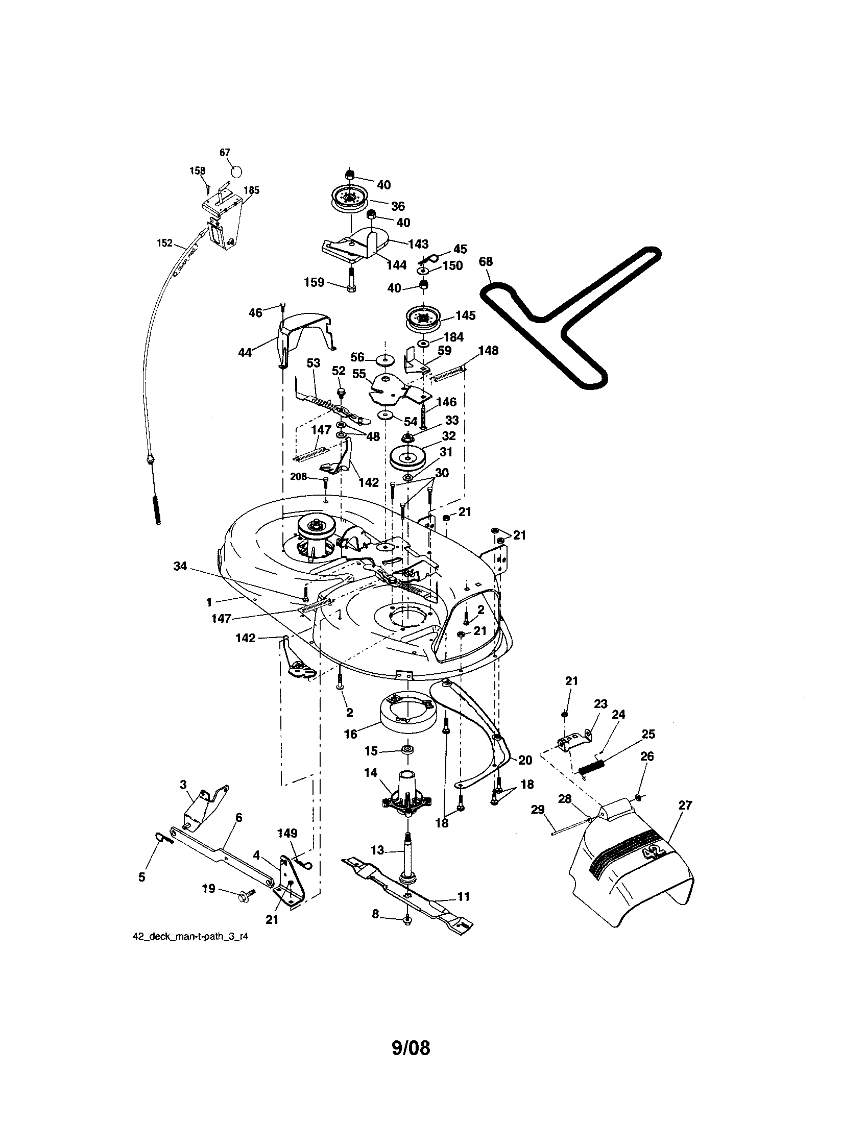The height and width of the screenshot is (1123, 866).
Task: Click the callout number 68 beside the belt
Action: point(486,262)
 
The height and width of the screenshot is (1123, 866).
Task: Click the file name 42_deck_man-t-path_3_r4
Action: point(194,936)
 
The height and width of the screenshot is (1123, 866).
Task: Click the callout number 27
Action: point(685,805)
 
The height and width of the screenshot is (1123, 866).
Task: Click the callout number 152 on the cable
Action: point(164,243)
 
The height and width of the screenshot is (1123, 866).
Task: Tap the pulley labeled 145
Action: point(423,320)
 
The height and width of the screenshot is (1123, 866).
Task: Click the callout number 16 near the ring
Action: point(350,734)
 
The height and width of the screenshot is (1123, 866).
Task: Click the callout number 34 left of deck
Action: point(179,567)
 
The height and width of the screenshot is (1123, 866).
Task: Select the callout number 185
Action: point(251,190)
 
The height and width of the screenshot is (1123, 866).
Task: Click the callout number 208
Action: point(298,477)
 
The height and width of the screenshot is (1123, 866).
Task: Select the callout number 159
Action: point(314,282)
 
